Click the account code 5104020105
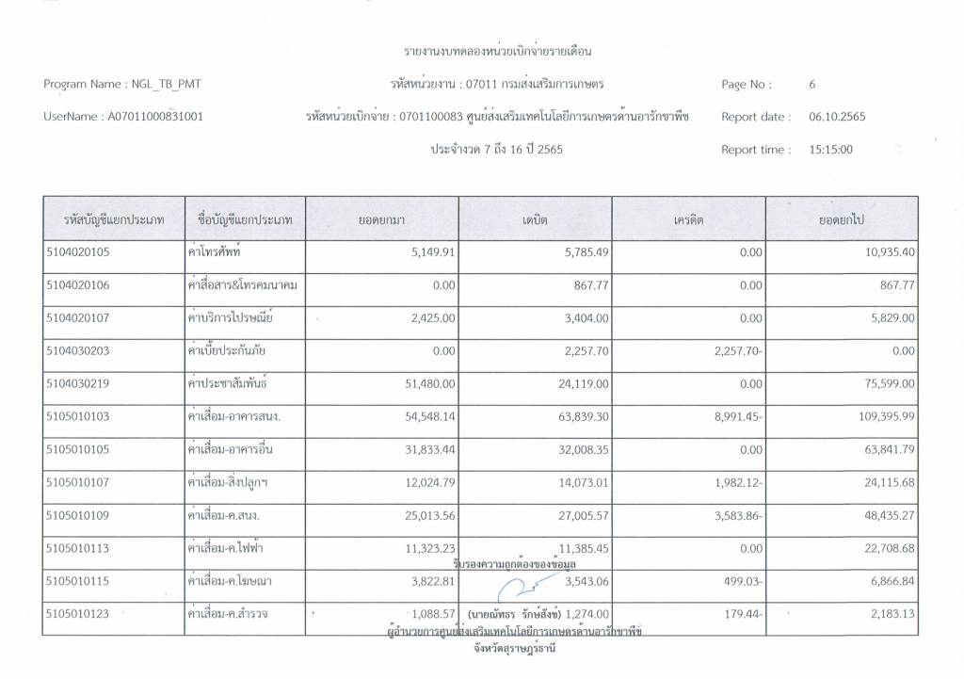(x=78, y=252)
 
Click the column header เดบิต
(x=535, y=219)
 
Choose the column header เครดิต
(x=689, y=219)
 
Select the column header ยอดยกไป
(x=842, y=219)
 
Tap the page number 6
(x=811, y=85)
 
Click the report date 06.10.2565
(x=837, y=118)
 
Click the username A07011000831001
(x=150, y=118)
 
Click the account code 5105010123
(x=78, y=614)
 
